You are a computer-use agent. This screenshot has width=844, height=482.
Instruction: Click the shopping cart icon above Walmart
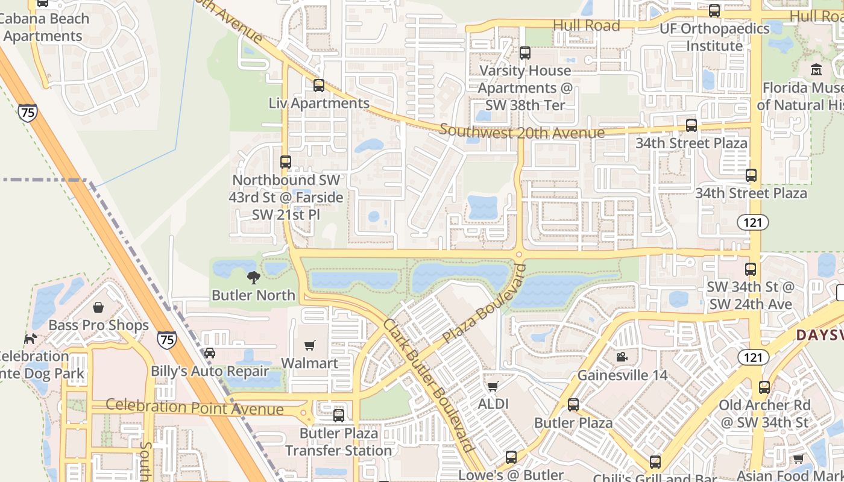pos(310,345)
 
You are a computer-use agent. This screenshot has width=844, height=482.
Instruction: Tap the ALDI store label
pos(493,403)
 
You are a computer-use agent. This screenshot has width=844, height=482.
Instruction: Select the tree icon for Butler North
pos(254,278)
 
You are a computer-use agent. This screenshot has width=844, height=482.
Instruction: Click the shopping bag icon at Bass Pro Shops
pos(98,308)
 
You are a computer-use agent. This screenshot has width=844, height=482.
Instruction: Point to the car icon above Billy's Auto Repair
pos(209,353)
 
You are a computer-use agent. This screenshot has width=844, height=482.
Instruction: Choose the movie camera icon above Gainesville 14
pos(622,357)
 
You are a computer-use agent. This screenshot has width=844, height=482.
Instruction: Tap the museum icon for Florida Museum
pos(817,70)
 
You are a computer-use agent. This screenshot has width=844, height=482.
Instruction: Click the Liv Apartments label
pos(319,103)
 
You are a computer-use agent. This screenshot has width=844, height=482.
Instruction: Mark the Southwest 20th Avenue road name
pos(521,132)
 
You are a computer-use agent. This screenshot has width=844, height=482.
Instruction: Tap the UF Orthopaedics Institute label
pos(714,37)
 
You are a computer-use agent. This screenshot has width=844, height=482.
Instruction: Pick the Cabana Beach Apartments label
pos(43,27)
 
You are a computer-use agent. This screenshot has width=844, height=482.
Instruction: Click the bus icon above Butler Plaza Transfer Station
pos(339,415)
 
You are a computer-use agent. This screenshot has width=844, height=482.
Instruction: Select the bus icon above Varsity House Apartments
pos(525,53)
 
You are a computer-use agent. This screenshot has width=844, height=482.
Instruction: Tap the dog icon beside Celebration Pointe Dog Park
pos(30,339)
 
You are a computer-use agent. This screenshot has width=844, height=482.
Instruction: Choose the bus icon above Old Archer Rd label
pos(764,387)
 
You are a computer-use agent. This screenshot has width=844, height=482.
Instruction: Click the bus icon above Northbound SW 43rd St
pos(286,162)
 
